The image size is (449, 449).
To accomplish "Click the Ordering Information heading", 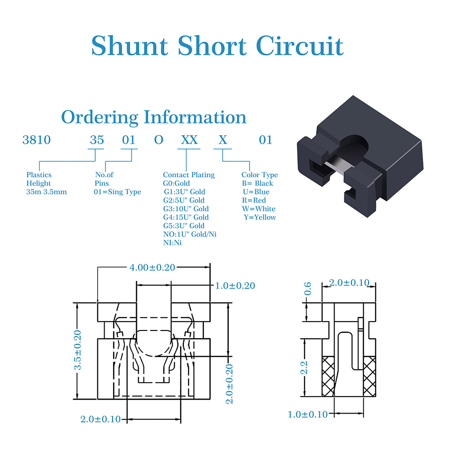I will click(154, 117).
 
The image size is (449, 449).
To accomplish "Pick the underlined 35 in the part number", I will click(97, 140).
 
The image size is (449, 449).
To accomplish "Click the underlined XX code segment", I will click(189, 140).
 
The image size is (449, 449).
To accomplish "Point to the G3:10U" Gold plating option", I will click(186, 209).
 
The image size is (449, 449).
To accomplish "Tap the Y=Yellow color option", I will click(260, 217).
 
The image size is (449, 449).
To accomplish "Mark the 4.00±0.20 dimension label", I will click(152, 268).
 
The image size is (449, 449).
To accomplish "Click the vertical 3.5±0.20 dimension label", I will click(78, 350).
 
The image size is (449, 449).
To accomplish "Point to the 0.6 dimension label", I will click(308, 289).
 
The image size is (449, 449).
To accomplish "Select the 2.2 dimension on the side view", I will click(304, 368).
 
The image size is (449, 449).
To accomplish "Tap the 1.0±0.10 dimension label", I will click(308, 414).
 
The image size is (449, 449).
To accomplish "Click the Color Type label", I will click(260, 175).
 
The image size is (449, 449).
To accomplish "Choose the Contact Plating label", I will click(189, 175).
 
